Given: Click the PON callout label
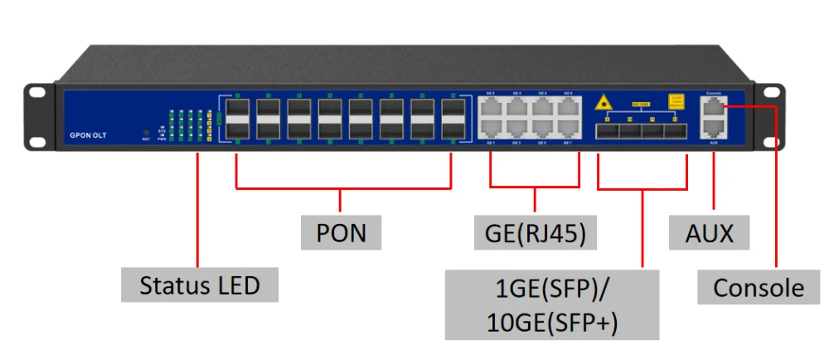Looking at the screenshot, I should pos(341,232).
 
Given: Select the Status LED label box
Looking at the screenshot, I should pos(200,285).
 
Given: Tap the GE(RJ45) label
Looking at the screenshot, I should pos(535,232).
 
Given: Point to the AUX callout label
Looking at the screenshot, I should pos(710,232).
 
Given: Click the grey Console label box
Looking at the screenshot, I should pos(759,288).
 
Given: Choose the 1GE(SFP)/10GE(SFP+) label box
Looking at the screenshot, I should pos(551,304).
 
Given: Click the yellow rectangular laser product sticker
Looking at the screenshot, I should pos(676,101).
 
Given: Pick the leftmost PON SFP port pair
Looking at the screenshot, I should pos(236,119).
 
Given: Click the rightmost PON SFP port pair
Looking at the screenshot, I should pos(452,119).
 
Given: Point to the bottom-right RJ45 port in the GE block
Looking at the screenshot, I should pos(567,129).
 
